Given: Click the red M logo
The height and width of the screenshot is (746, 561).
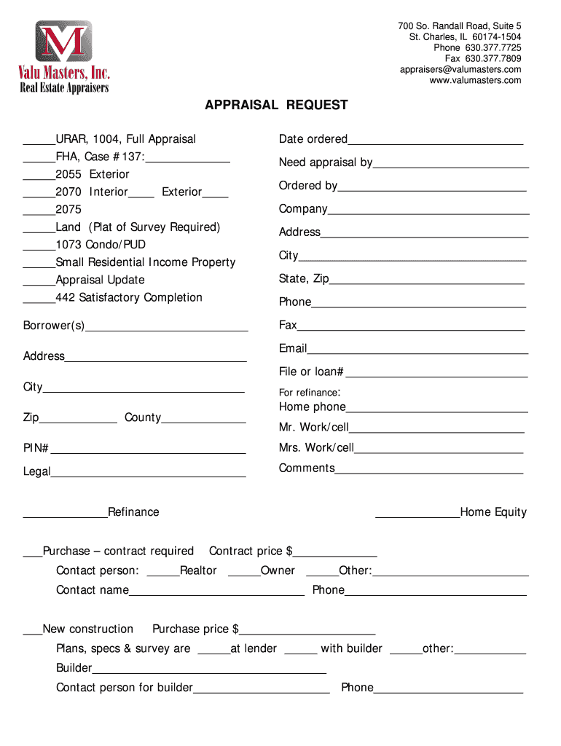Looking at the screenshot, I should coord(64,42).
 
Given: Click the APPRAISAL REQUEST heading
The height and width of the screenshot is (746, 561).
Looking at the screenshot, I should coord(276,106).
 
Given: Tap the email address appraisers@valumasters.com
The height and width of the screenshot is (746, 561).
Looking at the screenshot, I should coord(460,70).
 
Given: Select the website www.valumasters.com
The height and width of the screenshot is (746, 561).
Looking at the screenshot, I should coord(475,81).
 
